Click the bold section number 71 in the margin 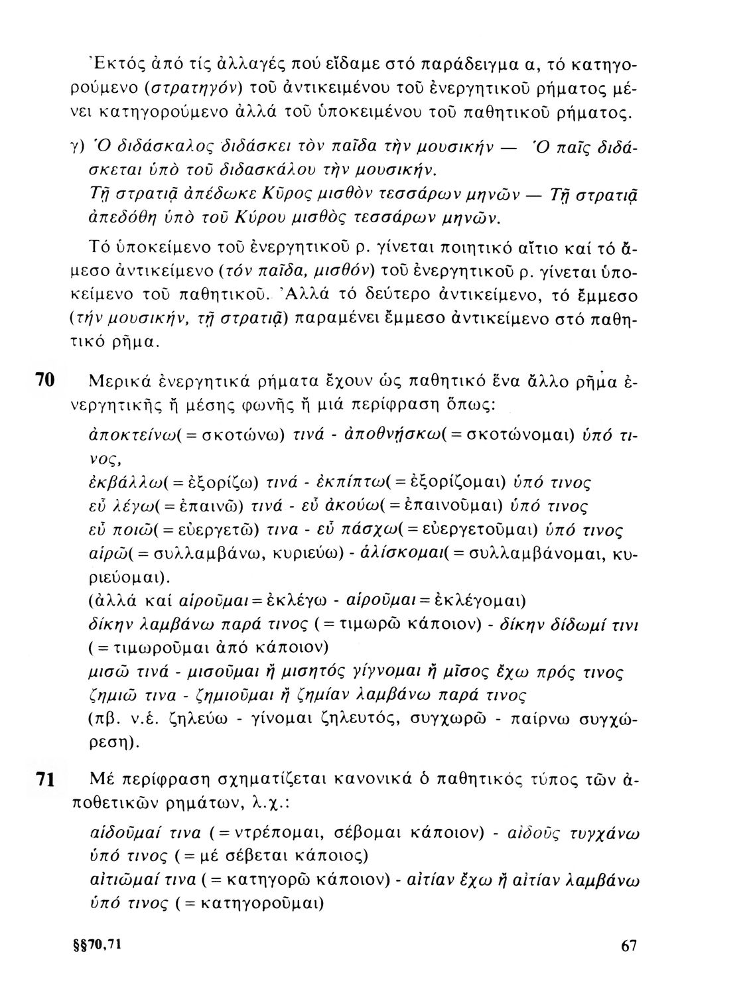tap(44, 781)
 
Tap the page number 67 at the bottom tap(629, 965)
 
